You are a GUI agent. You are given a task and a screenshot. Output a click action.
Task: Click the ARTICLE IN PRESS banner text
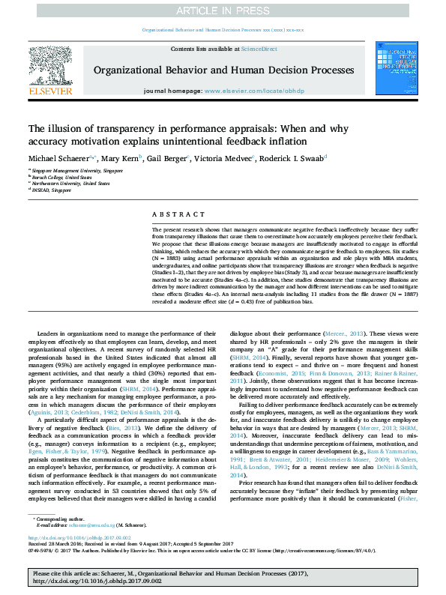pos(223,10)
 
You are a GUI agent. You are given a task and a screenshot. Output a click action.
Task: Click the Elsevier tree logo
pos(50,65)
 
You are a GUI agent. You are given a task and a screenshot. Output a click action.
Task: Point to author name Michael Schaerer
pos(58,158)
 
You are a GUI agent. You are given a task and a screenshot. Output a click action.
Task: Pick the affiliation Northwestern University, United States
pos(71,183)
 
